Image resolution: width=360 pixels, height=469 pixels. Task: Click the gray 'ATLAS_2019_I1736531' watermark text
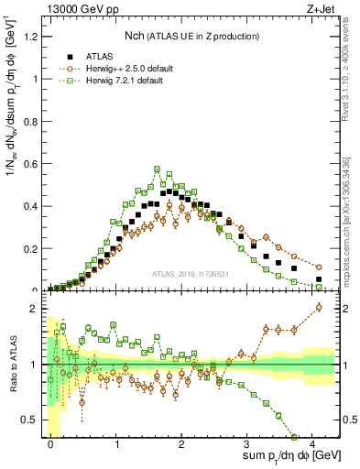pyautogui.click(x=191, y=273)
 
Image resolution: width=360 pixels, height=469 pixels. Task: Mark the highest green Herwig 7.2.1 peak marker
pyautogui.click(x=158, y=169)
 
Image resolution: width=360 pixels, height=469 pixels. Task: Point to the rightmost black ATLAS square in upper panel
pyautogui.click(x=319, y=279)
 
